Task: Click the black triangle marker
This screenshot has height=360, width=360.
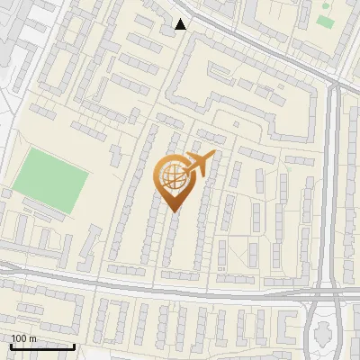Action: (x=181, y=24)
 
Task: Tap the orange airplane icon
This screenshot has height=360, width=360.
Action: (x=200, y=164)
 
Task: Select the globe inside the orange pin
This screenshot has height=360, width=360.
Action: (x=174, y=178)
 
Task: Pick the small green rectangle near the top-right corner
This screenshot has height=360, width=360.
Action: (x=324, y=21)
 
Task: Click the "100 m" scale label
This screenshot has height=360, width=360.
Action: (x=23, y=338)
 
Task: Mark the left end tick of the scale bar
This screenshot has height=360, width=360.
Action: (x=11, y=346)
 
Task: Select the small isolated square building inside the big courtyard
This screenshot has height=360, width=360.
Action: (x=236, y=124)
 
